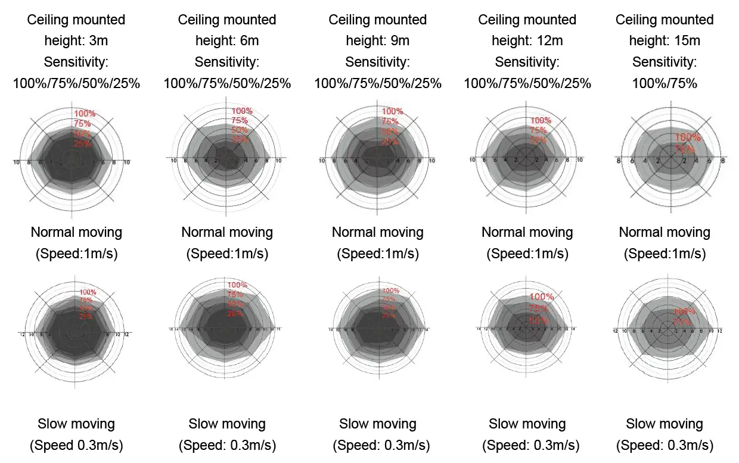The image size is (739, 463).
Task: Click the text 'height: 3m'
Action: [76, 41]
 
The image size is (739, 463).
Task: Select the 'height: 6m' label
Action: [227, 41]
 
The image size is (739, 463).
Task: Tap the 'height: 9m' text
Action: [378, 41]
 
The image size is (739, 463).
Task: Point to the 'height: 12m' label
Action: [527, 41]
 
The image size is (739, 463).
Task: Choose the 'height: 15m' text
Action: [665, 41]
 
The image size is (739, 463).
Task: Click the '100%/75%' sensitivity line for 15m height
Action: [665, 83]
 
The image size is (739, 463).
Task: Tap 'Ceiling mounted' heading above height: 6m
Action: [227, 20]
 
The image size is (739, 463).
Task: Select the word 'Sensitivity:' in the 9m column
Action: [378, 62]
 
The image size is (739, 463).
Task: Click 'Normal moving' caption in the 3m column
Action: [76, 232]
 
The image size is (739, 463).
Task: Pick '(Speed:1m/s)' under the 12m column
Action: [527, 254]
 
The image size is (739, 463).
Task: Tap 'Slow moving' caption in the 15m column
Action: [665, 424]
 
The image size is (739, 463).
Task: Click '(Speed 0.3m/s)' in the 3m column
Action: [76, 445]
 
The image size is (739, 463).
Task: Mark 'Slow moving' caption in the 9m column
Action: [378, 424]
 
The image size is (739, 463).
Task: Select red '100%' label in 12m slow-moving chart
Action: [542, 297]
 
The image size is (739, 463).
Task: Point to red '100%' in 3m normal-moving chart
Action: [84, 114]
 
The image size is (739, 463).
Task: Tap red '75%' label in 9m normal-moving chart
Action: [390, 121]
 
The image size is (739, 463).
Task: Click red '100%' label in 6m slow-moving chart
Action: [237, 285]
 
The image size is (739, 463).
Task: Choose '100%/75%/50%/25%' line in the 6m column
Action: [227, 83]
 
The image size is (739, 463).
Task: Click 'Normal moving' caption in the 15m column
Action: [665, 232]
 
